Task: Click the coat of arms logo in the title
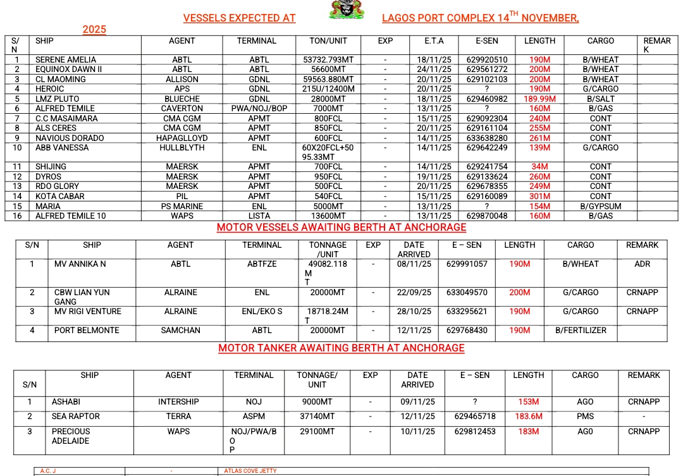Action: coord(347,10)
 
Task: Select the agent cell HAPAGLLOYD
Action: coord(182,138)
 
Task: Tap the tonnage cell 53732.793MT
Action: coord(329,60)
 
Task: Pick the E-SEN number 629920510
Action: coord(486,60)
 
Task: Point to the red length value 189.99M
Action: coord(539,99)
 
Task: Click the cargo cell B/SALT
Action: coord(600,99)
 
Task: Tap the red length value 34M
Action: coord(539,167)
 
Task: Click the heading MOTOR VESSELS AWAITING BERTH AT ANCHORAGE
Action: coord(341,228)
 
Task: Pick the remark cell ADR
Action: coord(642,264)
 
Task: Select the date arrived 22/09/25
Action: coord(414,293)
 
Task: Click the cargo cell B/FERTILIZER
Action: coord(581,331)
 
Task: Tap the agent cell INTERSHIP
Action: coord(178,402)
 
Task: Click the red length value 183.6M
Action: coord(528,417)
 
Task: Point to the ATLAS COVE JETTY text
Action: coord(250,471)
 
